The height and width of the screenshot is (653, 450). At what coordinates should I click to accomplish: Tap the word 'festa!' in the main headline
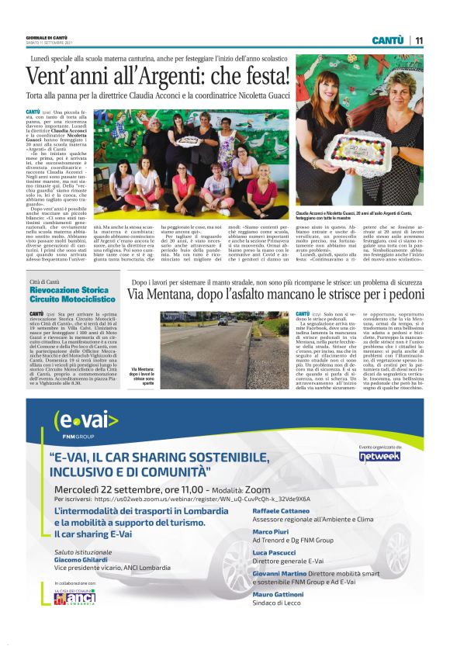coord(258,76)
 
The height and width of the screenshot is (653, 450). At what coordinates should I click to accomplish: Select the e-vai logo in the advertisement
coord(86,422)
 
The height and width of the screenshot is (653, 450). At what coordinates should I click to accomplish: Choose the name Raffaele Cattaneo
coord(285,513)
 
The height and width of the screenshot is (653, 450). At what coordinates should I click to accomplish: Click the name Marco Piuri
coord(271,533)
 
